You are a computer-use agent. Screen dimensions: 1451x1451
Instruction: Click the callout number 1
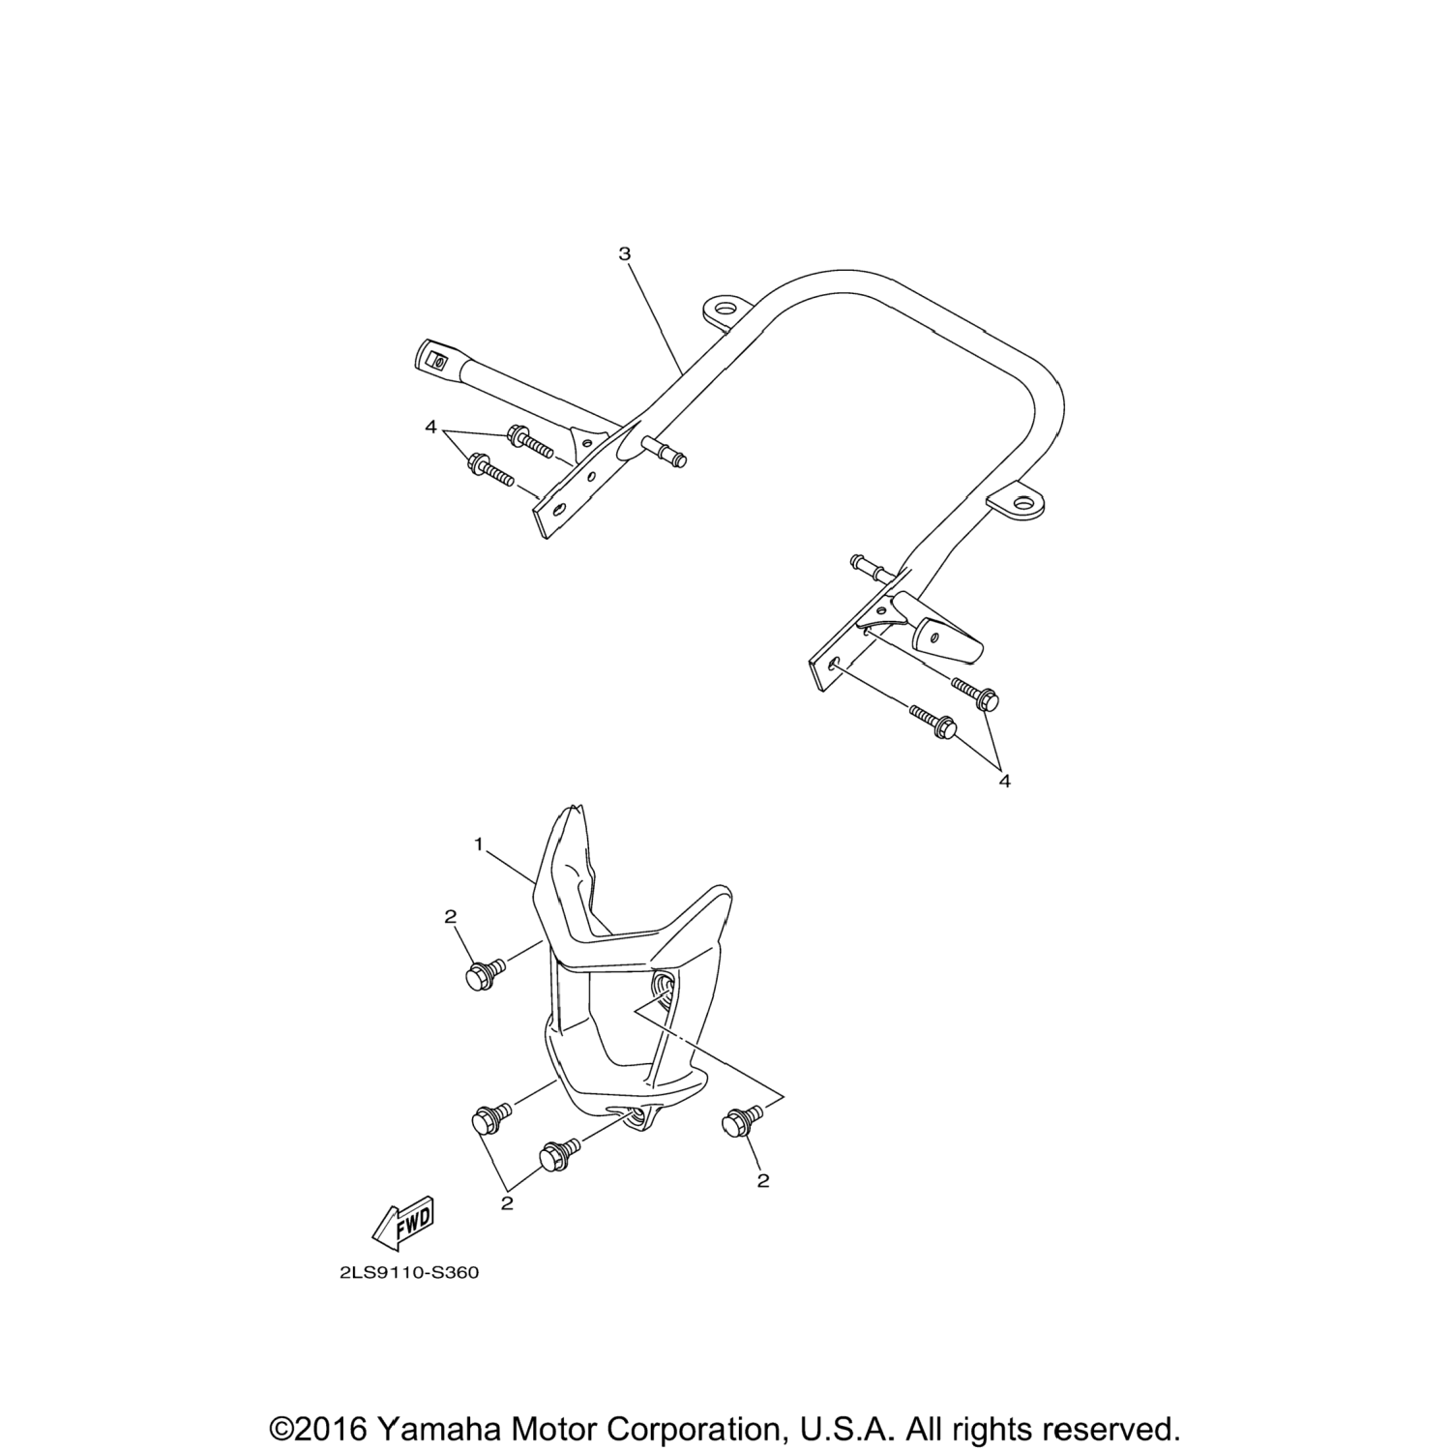tap(478, 844)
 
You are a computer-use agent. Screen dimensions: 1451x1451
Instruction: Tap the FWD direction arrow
tap(403, 1223)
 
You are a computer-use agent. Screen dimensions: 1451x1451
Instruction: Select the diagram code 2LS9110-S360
tap(409, 1273)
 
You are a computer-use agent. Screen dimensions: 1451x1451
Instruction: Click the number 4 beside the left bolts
tap(430, 426)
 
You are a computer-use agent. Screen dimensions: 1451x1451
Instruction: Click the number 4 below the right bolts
tap(1004, 781)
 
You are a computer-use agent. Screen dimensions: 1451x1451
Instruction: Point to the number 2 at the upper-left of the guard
tap(450, 917)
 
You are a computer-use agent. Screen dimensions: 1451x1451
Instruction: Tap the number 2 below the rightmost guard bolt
tap(763, 1180)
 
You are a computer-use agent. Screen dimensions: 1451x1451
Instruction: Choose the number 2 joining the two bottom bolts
tap(507, 1203)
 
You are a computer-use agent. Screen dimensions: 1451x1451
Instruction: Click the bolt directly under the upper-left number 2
tap(484, 974)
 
